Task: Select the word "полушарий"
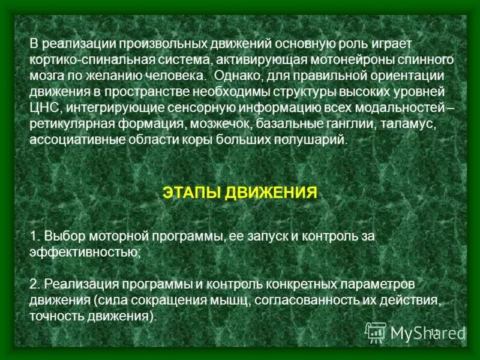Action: point(316,139)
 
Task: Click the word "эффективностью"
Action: point(85,252)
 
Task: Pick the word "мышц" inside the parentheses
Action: point(244,299)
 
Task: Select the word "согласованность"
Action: point(319,299)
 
